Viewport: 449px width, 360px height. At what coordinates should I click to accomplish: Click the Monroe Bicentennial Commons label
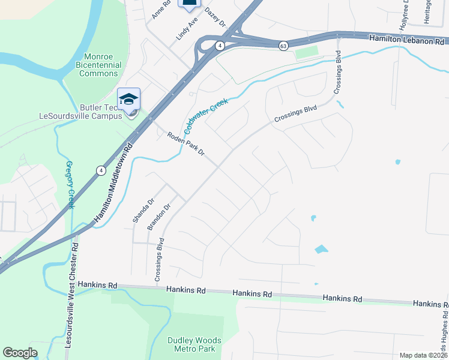click(x=99, y=65)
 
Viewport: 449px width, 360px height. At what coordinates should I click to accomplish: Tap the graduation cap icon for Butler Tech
click(x=128, y=99)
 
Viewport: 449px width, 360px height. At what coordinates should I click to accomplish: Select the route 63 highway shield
click(x=283, y=46)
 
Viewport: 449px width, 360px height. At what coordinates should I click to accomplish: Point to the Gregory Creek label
click(x=70, y=185)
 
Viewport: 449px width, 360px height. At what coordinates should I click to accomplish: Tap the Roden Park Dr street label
click(x=186, y=145)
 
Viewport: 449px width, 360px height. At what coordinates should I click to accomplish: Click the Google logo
click(x=20, y=353)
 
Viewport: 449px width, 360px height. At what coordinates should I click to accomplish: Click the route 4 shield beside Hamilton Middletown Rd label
click(x=100, y=171)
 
